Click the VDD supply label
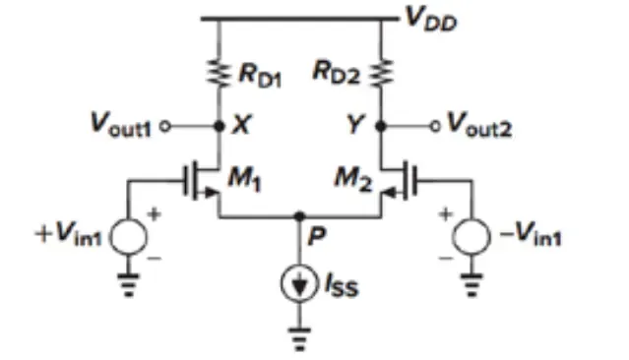[x=431, y=20]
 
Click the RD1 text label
[x=260, y=75]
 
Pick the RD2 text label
[x=337, y=73]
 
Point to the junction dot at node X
[x=220, y=126]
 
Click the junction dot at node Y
[x=381, y=126]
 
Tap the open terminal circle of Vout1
[x=165, y=127]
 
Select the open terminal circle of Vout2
[x=435, y=127]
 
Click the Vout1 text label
[x=121, y=125]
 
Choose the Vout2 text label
[x=479, y=125]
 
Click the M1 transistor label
[x=244, y=178]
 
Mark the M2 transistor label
[x=353, y=178]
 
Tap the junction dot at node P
[x=299, y=216]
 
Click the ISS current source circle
[x=299, y=283]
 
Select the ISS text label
[x=342, y=285]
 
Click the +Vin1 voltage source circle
[x=129, y=236]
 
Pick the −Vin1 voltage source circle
[x=472, y=236]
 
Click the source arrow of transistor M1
[x=211, y=193]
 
